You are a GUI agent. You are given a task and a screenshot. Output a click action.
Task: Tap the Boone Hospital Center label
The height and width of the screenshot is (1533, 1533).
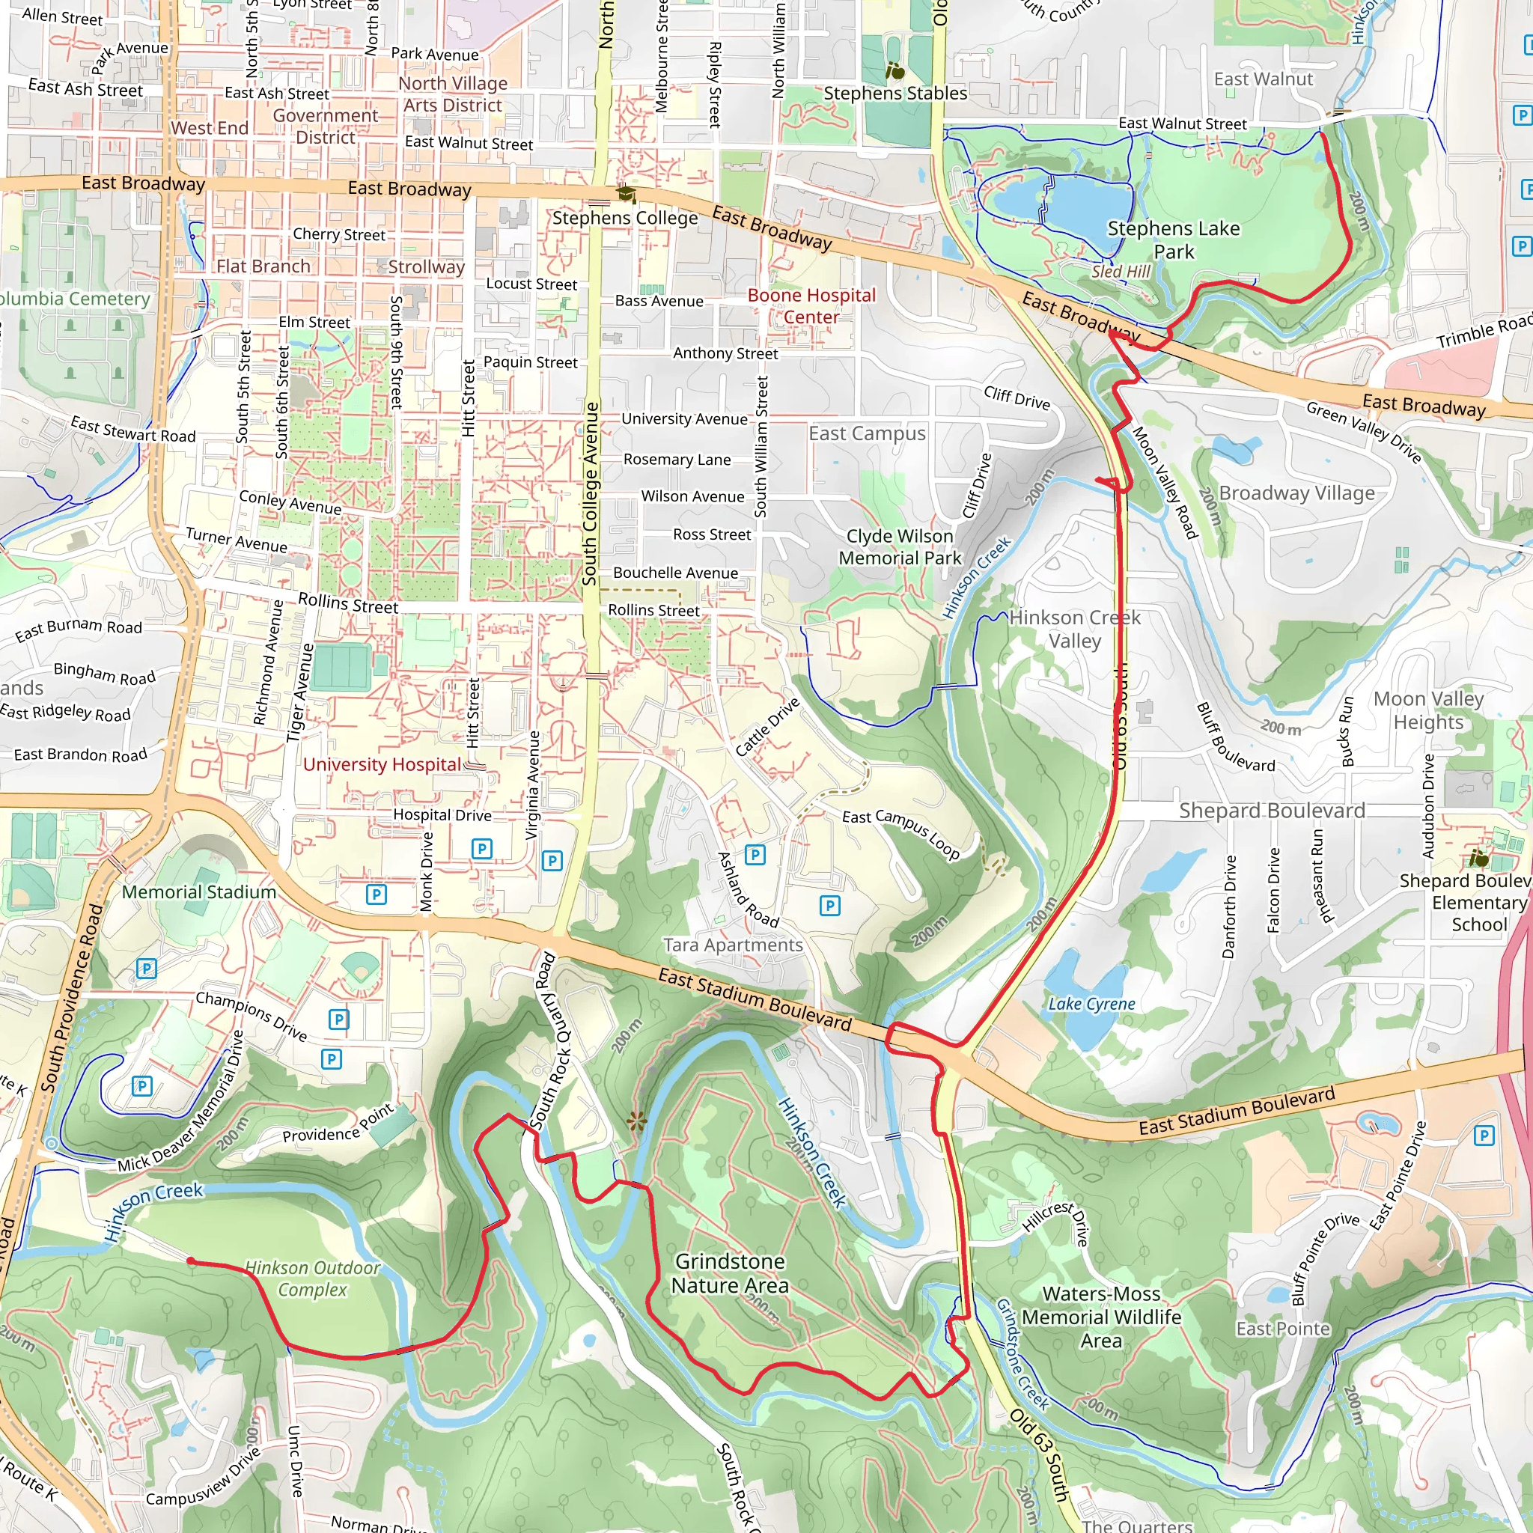click(x=811, y=305)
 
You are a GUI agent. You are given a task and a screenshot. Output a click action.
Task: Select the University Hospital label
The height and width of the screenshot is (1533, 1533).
click(x=382, y=764)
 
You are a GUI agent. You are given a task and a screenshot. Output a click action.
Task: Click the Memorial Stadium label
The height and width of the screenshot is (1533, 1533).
click(x=198, y=892)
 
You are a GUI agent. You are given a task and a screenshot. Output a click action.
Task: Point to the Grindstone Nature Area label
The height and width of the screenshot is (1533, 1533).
click(x=729, y=1273)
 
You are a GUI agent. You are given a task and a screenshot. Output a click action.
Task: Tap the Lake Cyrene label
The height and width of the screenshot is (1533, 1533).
click(x=1091, y=1004)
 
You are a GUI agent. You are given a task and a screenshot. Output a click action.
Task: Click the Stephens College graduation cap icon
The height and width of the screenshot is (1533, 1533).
click(x=626, y=194)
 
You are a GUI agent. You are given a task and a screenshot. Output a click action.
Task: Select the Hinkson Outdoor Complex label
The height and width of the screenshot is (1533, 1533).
click(x=313, y=1278)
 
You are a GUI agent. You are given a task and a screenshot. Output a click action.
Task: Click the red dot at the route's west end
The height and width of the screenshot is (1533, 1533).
click(x=190, y=1260)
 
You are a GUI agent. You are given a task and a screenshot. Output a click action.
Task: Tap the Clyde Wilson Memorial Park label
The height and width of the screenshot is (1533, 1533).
click(x=899, y=546)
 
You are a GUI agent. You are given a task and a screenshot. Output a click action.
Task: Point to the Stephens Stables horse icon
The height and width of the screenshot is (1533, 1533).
click(x=894, y=70)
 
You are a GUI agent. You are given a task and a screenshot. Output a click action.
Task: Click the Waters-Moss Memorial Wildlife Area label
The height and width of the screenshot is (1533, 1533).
click(x=1100, y=1317)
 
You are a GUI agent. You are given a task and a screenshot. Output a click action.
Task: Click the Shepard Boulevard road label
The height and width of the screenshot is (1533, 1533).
click(x=1271, y=810)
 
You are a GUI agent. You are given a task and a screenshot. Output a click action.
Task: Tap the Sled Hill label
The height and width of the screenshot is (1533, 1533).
click(x=1121, y=272)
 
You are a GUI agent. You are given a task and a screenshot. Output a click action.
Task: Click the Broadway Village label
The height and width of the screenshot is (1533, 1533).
click(x=1296, y=493)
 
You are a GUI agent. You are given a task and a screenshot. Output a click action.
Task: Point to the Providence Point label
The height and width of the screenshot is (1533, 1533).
click(x=338, y=1125)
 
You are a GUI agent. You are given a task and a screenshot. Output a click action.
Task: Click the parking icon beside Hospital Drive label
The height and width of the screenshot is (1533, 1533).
click(x=481, y=848)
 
